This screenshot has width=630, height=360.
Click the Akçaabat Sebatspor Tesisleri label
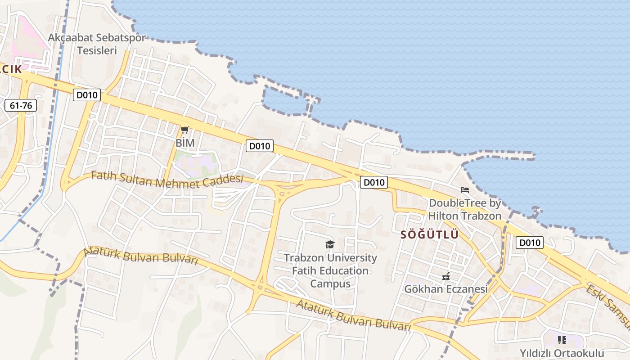tap(97, 44)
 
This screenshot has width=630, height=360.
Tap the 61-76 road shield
tap(21, 106)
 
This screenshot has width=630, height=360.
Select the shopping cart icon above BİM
tap(184, 130)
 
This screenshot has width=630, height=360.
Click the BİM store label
tap(185, 143)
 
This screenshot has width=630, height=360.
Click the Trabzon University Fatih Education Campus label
tap(330, 271)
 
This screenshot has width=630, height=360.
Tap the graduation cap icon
tap(330, 244)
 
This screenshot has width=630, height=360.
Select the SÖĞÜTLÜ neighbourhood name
tap(429, 235)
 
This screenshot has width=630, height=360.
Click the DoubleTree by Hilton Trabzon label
tap(464, 210)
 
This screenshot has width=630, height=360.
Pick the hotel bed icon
tap(465, 190)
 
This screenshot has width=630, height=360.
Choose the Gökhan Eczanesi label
tap(445, 289)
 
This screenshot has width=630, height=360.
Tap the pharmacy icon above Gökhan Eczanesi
tap(446, 276)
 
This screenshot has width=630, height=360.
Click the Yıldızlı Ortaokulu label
tap(562, 353)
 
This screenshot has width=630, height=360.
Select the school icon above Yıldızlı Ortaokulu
tap(562, 340)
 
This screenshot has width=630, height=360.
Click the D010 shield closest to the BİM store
tap(260, 146)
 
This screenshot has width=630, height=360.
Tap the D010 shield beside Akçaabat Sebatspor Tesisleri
tap(87, 95)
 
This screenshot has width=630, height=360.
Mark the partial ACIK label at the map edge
tap(11, 69)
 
